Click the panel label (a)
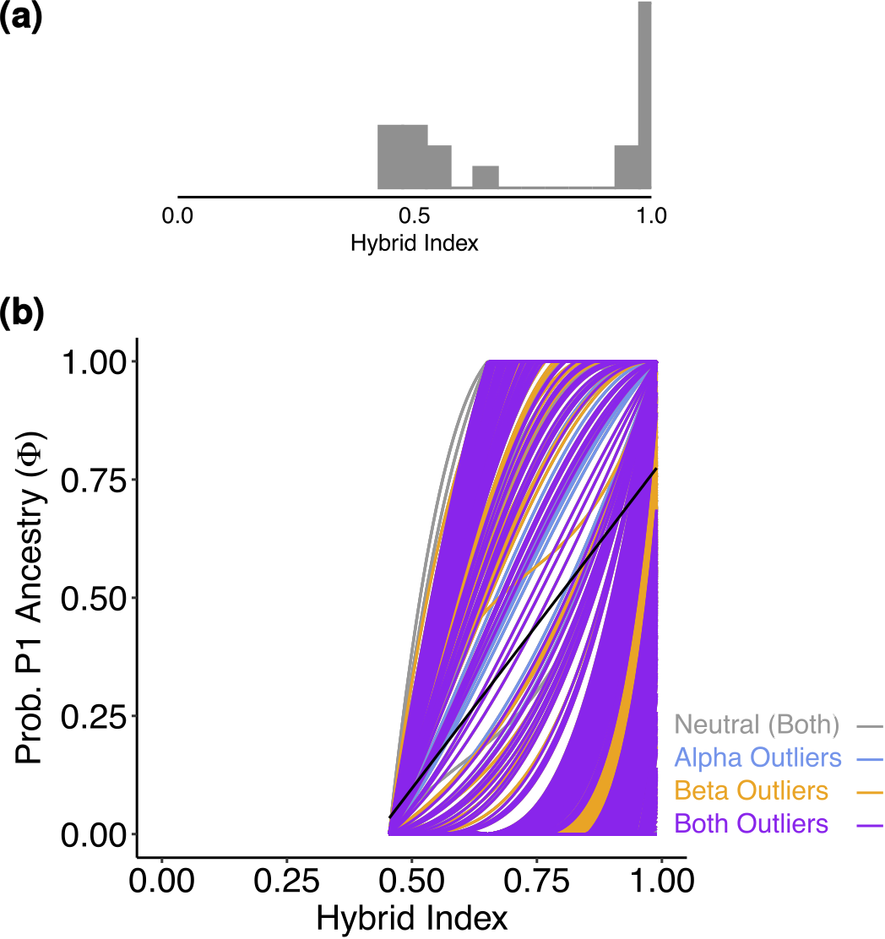[21, 18]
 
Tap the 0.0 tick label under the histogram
[177, 216]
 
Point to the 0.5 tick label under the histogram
[414, 216]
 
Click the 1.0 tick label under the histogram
[650, 216]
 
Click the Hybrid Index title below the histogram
[414, 244]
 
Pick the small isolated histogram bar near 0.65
[486, 177]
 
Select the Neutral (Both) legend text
[757, 725]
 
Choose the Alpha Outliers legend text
[757, 757]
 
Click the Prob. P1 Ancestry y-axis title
[31, 598]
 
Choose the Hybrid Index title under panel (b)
[412, 918]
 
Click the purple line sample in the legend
[869, 825]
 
